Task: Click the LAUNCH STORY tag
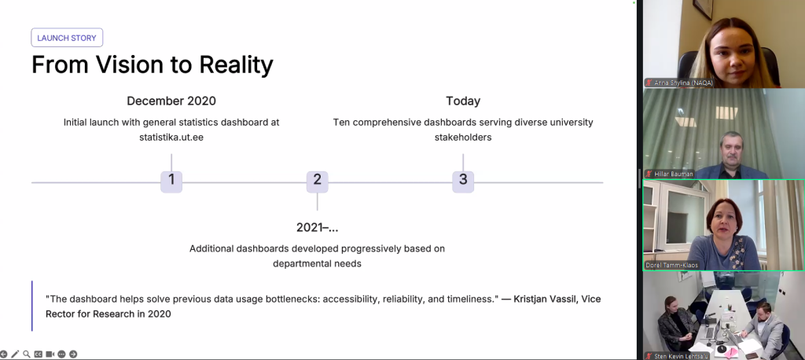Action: (x=67, y=38)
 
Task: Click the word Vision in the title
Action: (x=138, y=65)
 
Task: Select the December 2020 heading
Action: (x=171, y=101)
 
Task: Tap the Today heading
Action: (x=463, y=101)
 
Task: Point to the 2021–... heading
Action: (x=318, y=227)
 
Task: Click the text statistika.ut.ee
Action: (x=171, y=138)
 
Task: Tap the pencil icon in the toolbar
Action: (x=15, y=354)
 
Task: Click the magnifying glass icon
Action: (x=27, y=354)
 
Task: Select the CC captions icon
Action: (x=39, y=354)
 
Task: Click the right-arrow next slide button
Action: (x=73, y=354)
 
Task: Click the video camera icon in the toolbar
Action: (x=50, y=354)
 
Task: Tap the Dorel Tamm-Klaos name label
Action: (x=672, y=266)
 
